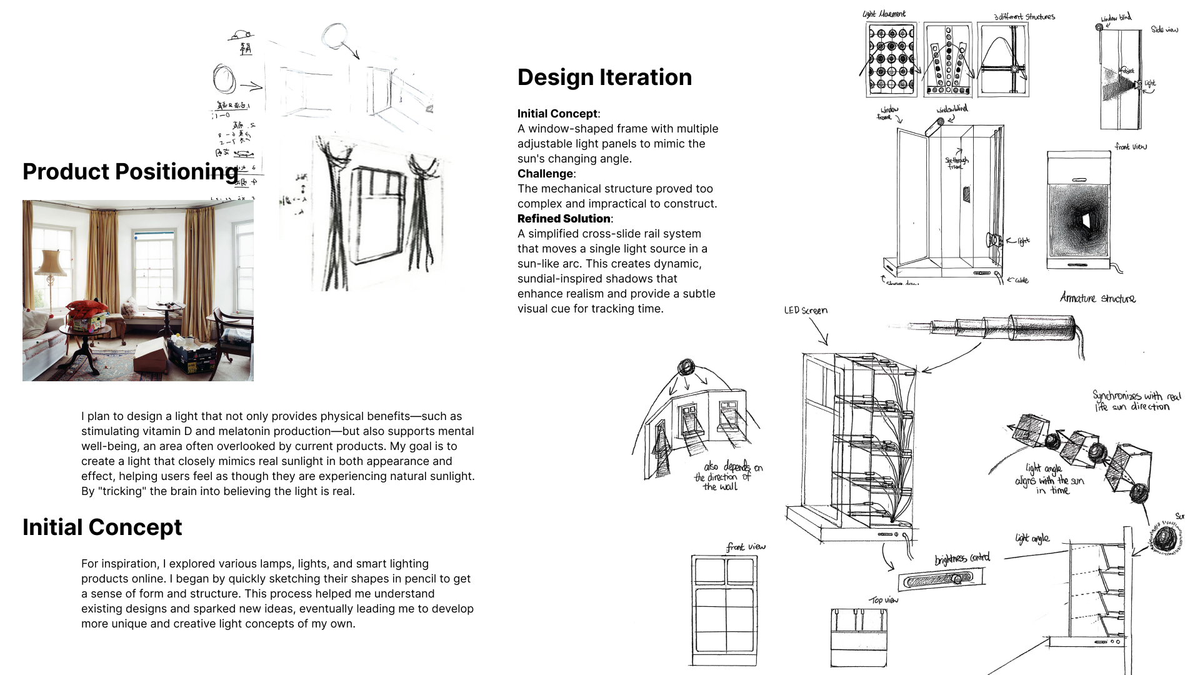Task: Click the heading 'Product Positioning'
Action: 130,172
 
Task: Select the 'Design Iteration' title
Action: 604,77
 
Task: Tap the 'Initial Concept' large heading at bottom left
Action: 102,527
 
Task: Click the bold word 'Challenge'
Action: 545,174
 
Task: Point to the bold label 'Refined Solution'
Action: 563,219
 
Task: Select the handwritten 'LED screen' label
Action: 806,311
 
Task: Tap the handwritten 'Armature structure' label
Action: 1097,298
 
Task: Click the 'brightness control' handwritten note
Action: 962,558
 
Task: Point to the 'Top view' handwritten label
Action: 883,600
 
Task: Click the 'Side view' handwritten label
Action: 1164,29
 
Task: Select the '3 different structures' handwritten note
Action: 1024,17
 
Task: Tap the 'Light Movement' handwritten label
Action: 884,14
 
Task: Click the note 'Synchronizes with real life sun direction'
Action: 1136,401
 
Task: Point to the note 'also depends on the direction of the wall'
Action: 728,476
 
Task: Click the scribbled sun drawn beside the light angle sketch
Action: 1165,538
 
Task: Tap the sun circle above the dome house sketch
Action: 686,366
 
